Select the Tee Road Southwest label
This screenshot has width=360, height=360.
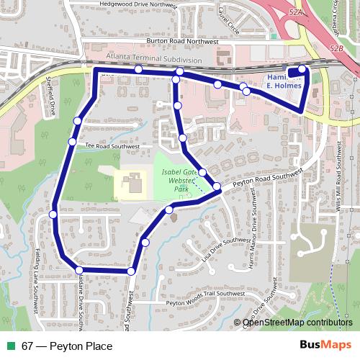(111, 145)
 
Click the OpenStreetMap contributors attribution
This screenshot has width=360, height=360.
(297, 323)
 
